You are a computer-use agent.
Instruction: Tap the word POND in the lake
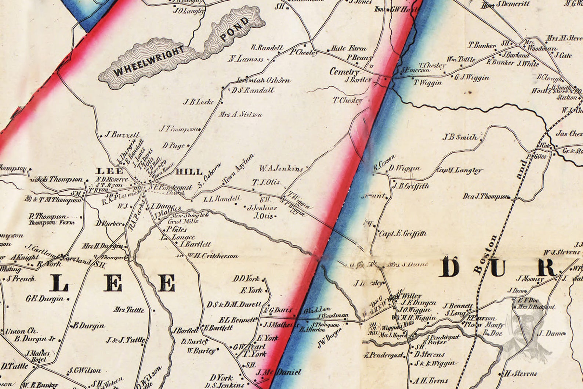click(x=235, y=29)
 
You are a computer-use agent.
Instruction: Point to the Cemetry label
click(x=344, y=72)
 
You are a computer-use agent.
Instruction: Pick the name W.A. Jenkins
click(x=281, y=169)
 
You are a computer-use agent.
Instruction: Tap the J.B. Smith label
click(x=460, y=137)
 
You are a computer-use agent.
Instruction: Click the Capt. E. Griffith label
click(x=403, y=233)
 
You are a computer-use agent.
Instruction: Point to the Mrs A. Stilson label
click(x=240, y=115)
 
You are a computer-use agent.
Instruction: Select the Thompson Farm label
click(x=52, y=223)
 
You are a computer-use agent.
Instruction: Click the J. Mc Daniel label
click(x=279, y=372)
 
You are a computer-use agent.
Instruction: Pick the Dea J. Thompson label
click(x=486, y=197)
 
